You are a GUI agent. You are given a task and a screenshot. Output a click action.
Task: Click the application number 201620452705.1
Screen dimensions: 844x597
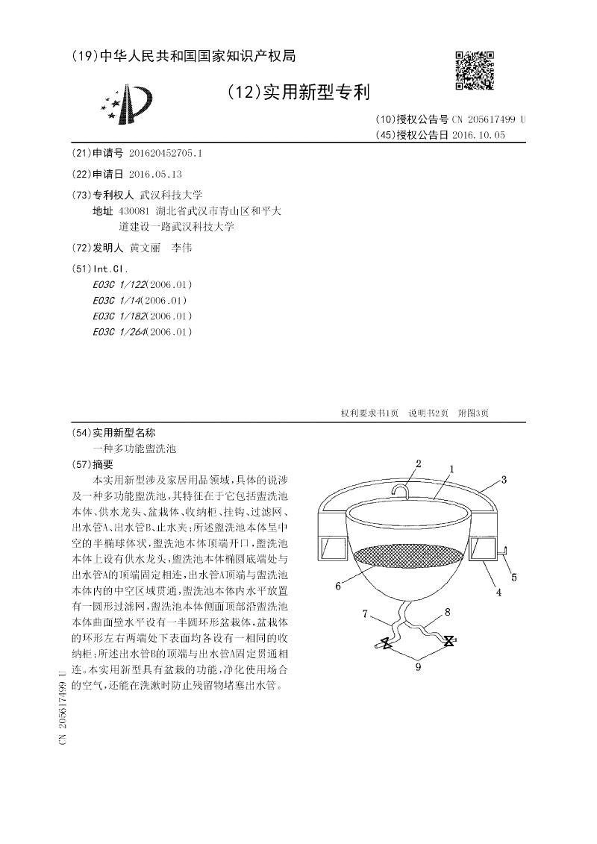166,153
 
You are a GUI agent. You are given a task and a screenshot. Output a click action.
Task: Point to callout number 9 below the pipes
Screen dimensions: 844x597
418,666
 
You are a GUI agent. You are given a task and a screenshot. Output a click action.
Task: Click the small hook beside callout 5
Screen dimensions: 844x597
503,552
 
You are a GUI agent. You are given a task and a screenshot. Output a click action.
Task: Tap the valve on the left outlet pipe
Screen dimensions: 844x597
385,644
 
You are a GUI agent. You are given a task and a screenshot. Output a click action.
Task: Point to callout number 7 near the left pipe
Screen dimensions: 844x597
366,613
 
